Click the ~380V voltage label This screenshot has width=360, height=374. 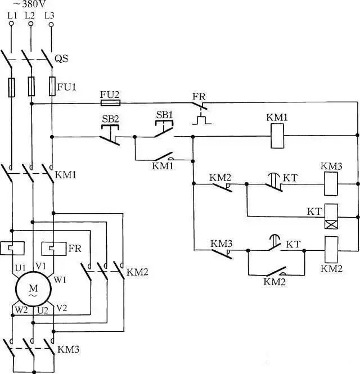(29, 4)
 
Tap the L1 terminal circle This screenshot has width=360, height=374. (11, 24)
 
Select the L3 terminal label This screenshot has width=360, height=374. (49, 16)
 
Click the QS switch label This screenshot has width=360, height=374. (61, 58)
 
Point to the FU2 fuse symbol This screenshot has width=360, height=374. (110, 103)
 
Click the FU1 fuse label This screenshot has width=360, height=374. (67, 87)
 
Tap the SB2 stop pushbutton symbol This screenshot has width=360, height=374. (110, 135)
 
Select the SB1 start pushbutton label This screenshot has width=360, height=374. (164, 115)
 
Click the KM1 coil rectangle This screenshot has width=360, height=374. (277, 136)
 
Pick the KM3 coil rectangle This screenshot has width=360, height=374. (331, 184)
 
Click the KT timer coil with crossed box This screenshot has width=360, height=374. (331, 217)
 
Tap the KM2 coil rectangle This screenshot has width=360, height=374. (331, 250)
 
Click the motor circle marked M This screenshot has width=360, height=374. (33, 289)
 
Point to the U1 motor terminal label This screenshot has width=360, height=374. (20, 268)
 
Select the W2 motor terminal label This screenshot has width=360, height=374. (21, 310)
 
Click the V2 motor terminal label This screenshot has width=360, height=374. (62, 308)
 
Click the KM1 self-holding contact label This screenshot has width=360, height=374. (163, 166)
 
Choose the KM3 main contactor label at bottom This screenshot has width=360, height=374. (68, 350)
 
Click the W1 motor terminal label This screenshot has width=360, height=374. (60, 280)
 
